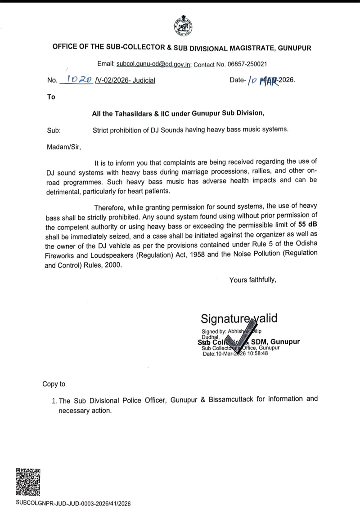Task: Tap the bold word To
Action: tap(51, 97)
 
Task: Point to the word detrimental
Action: tap(67, 191)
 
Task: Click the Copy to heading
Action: tap(54, 384)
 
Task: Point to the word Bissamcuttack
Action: tap(232, 399)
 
